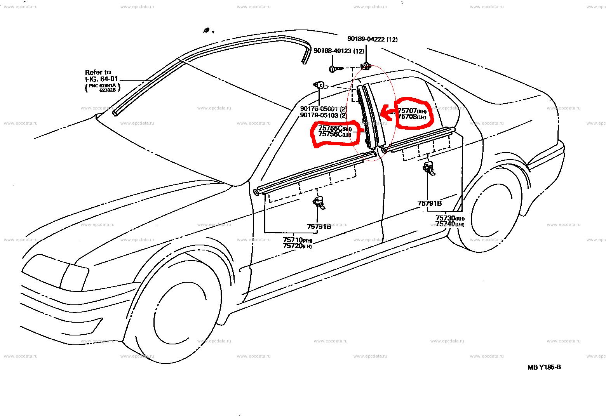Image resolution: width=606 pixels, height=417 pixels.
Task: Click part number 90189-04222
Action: pos(367,39)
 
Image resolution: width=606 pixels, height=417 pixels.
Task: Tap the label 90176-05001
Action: pos(319,109)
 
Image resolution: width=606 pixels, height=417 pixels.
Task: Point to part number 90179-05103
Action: pos(319,115)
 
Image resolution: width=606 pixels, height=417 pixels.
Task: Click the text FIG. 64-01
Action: pos(101,79)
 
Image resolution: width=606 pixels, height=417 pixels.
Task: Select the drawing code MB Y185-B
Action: pos(544,367)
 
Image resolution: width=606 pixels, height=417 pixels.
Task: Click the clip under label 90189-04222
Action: pos(366,66)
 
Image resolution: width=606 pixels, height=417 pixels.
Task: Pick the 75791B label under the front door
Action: pos(319,226)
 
